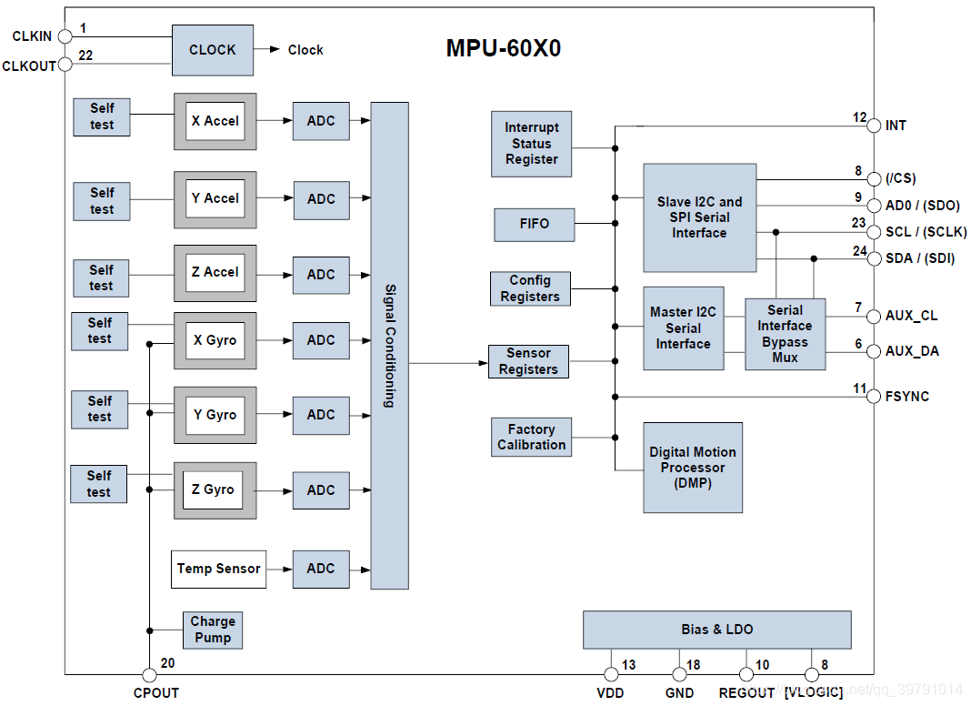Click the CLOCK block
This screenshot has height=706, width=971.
(x=212, y=50)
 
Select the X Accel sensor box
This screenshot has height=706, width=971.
(x=215, y=121)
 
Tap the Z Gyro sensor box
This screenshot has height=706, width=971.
(x=215, y=489)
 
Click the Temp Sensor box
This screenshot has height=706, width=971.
(x=218, y=569)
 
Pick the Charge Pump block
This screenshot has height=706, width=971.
(x=213, y=630)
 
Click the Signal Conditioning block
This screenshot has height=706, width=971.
(x=389, y=345)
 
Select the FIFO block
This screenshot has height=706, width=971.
(x=535, y=224)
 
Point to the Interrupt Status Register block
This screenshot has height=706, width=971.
(x=532, y=144)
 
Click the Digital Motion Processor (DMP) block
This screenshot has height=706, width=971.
(x=693, y=468)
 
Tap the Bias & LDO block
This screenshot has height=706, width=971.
(x=716, y=630)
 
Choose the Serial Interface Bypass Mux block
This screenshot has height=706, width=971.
(x=785, y=334)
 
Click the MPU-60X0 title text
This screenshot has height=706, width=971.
(x=503, y=48)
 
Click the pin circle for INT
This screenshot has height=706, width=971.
(x=874, y=126)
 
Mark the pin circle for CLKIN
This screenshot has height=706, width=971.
(x=65, y=36)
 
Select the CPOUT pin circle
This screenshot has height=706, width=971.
(x=149, y=674)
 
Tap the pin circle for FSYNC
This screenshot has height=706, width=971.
(x=874, y=397)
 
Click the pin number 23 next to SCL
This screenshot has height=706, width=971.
(x=858, y=222)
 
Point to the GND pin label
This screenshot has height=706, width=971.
(x=679, y=693)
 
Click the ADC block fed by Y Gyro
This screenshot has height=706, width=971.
(x=321, y=415)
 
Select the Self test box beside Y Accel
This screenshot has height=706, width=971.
(x=102, y=200)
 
